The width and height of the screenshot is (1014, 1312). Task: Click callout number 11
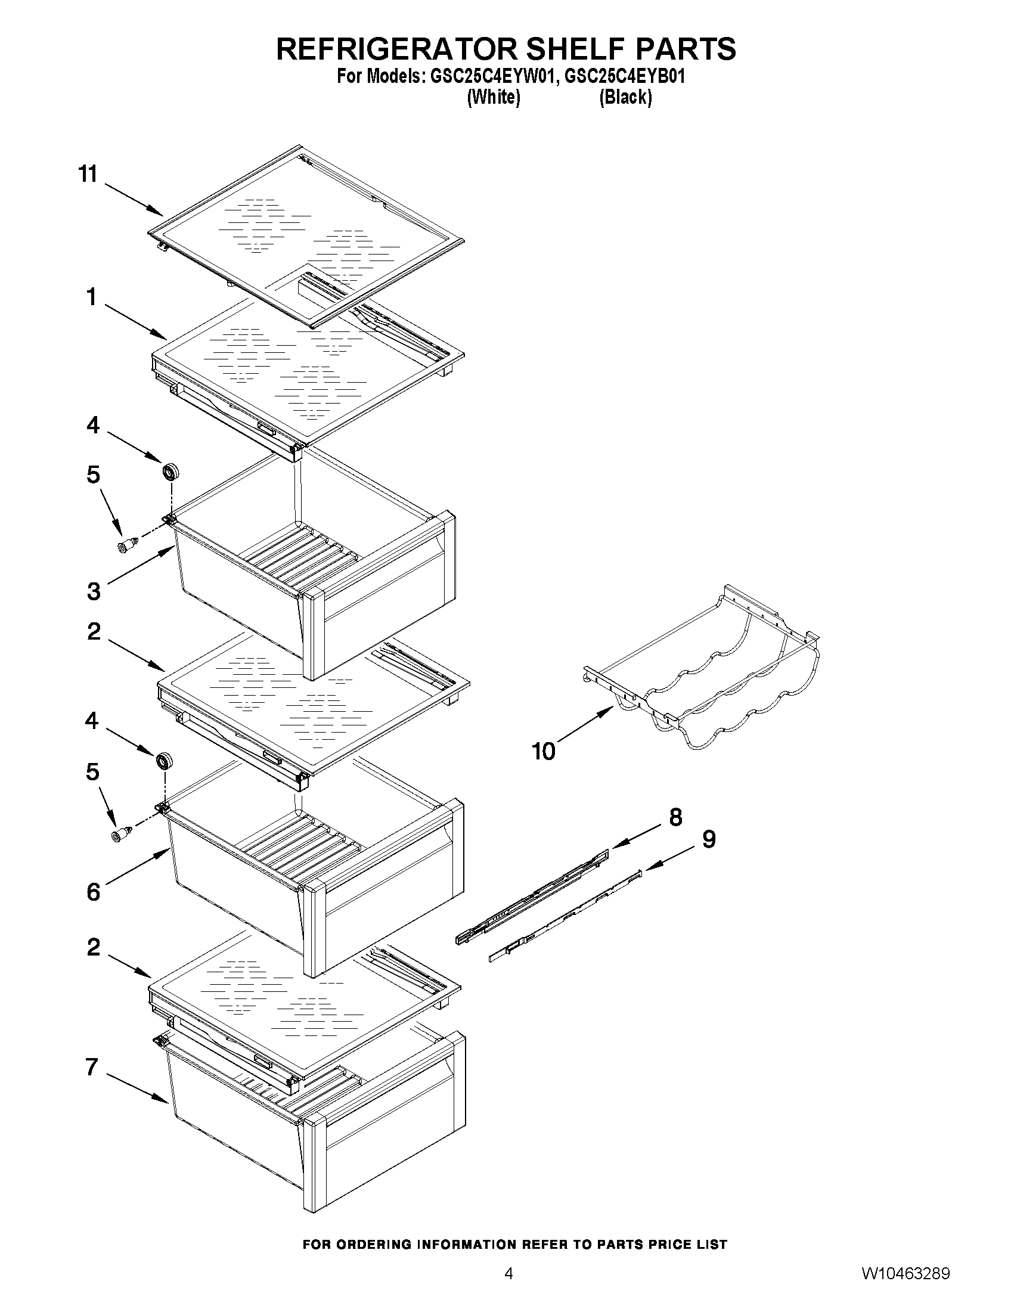pos(88,174)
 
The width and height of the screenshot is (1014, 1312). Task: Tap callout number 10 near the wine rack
pos(544,751)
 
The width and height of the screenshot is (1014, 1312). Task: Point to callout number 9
pos(709,839)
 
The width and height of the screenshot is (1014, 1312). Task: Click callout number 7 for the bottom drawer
pos(91,1067)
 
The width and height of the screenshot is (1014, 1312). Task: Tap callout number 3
pos(94,591)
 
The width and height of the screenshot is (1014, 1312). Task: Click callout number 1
pos(91,297)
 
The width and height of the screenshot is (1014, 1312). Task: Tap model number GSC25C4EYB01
pos(625,77)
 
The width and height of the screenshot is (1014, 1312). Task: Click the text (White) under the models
pos(493,97)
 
